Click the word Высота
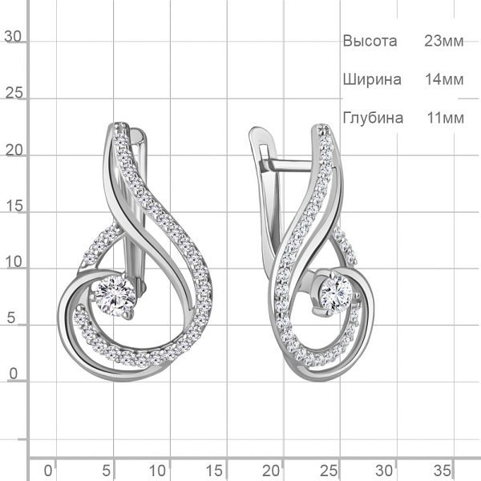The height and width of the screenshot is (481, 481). point(370,41)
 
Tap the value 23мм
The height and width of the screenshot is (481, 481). point(443,41)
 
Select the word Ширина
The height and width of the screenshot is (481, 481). point(372,79)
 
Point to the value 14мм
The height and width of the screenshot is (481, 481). point(444,79)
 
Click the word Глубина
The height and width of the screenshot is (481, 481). point(373,118)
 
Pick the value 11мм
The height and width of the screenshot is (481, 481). point(445,118)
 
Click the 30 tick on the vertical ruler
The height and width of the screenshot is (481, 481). point(13,37)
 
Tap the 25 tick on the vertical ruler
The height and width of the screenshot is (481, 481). point(14,93)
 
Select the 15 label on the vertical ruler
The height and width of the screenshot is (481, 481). point(14,205)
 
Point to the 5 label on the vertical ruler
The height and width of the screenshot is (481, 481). point(11,317)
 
